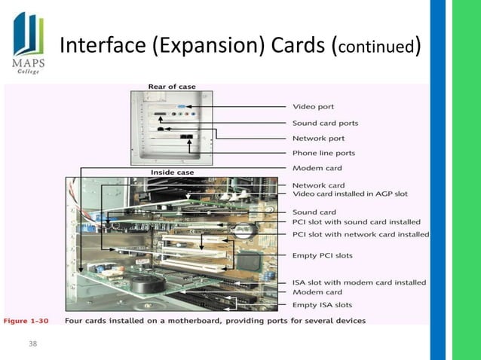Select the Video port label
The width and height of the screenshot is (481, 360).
click(x=314, y=106)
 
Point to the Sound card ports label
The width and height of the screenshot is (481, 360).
click(x=325, y=123)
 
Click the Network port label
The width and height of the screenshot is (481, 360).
click(x=318, y=139)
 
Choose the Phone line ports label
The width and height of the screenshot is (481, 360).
click(x=323, y=154)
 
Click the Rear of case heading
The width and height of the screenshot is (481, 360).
click(x=172, y=87)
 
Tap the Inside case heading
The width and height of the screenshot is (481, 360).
click(x=172, y=172)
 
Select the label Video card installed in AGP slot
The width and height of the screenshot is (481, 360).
click(x=350, y=194)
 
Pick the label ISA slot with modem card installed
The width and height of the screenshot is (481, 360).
click(x=359, y=282)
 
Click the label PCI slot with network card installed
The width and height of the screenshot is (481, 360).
click(x=360, y=234)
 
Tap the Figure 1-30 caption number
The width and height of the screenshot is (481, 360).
click(x=27, y=321)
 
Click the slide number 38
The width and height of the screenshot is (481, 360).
click(x=31, y=344)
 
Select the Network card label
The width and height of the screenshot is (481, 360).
click(x=318, y=185)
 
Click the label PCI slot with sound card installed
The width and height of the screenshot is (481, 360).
click(x=356, y=222)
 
